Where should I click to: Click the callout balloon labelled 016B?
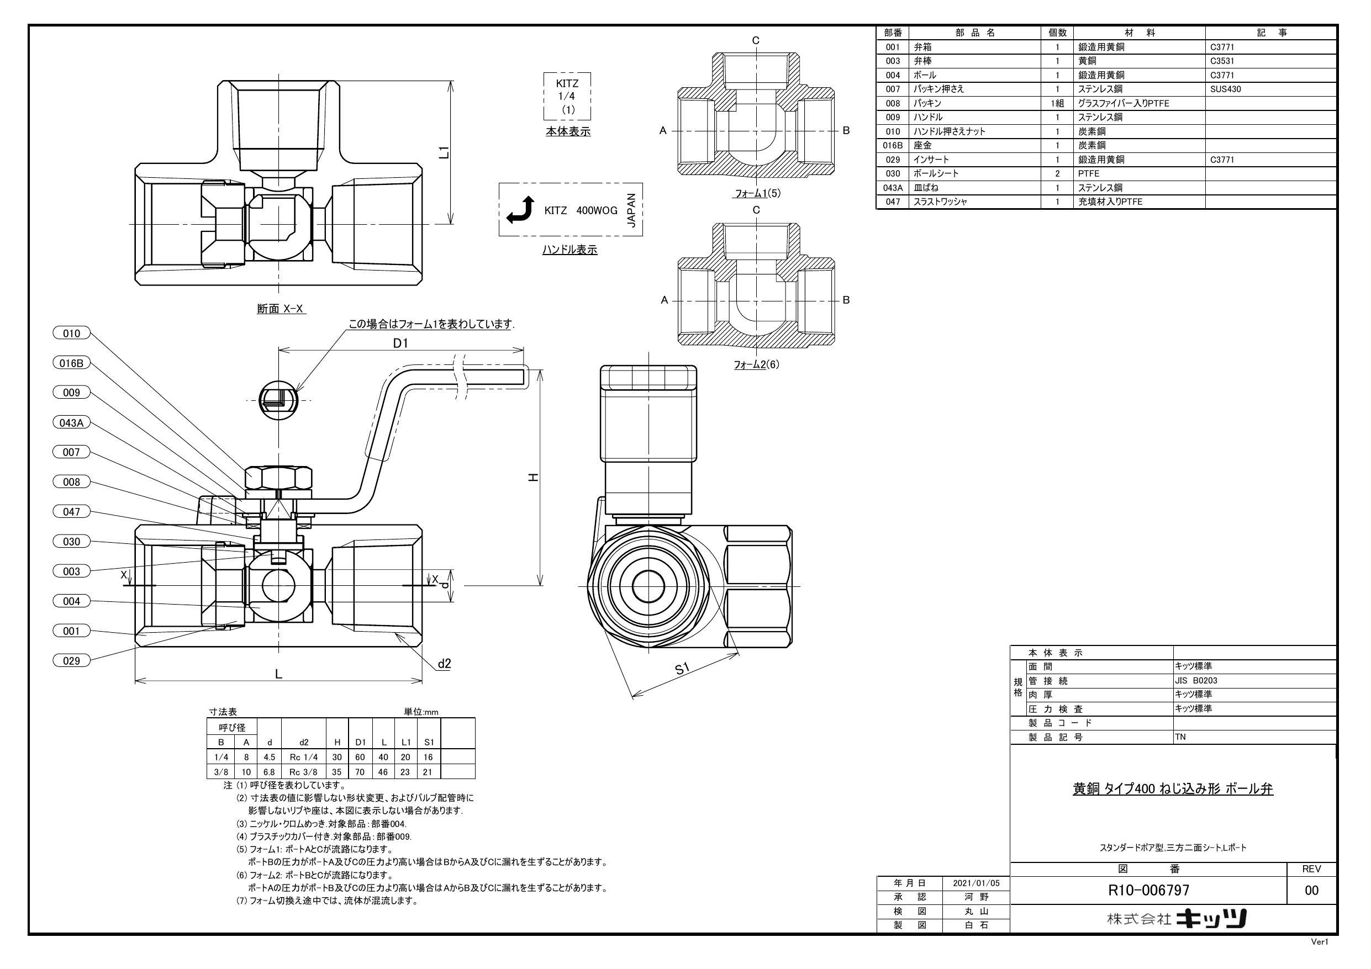[x=71, y=363]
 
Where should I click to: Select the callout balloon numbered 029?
[x=71, y=660]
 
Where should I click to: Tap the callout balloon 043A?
[x=71, y=423]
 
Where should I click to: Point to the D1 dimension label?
[x=400, y=343]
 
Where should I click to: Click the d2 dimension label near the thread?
[x=444, y=663]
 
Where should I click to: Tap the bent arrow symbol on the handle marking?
[x=519, y=210]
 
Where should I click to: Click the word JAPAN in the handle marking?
[x=632, y=210]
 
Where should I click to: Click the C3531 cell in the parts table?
[x=1222, y=61]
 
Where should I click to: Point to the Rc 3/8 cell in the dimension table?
[x=303, y=771]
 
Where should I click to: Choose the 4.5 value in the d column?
[x=270, y=756]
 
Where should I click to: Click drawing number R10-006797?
[x=1148, y=890]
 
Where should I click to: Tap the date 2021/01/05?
[x=975, y=882]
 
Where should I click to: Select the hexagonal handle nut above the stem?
[x=278, y=478]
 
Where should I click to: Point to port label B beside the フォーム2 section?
[x=846, y=300]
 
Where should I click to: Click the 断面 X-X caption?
[x=280, y=309]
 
